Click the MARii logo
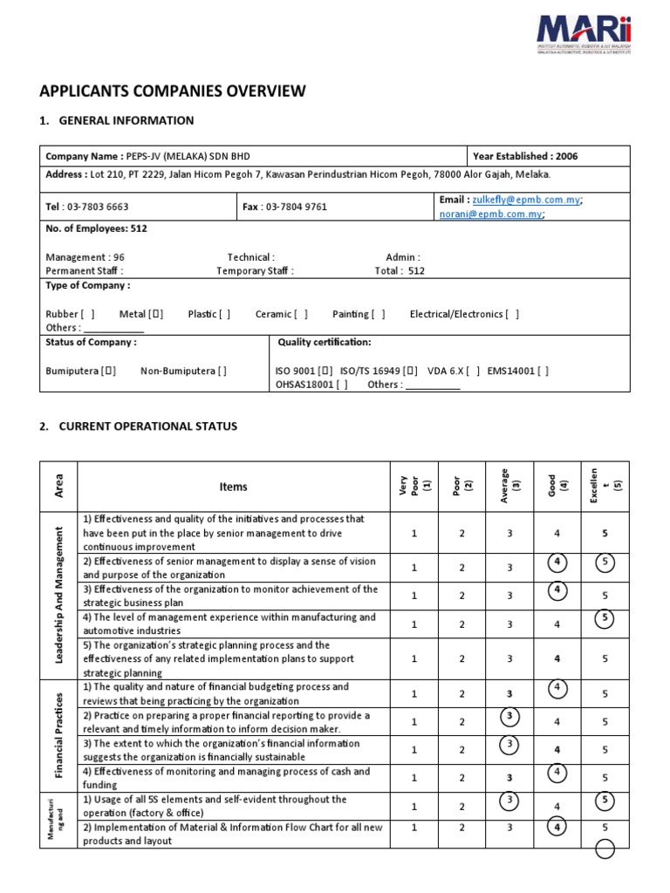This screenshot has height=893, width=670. (584, 33)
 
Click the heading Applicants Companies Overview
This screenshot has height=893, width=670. (173, 91)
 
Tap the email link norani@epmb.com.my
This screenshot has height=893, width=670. (490, 214)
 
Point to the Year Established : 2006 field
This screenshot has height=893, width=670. (524, 156)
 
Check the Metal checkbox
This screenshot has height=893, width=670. (155, 314)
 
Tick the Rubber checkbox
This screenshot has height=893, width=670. (87, 314)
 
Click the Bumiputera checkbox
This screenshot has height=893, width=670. (109, 371)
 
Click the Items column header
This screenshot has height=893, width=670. (233, 487)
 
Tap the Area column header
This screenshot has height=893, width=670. (59, 486)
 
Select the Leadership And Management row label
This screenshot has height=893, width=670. (59, 595)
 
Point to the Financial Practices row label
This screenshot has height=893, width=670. (59, 735)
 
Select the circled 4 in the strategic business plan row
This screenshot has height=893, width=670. (556, 591)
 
